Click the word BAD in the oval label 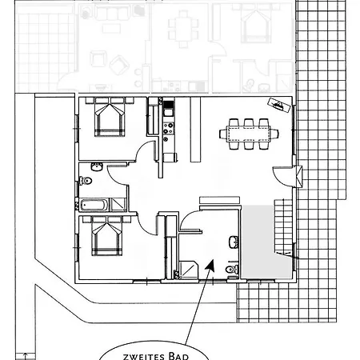coord(178,356)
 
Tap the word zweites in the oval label coord(144,357)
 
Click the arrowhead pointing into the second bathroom coord(210,265)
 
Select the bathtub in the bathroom coord(94,205)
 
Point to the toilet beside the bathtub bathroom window coord(86,181)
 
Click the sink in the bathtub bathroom coord(97,166)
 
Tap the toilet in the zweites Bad coord(231,269)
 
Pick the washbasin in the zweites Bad coord(234,242)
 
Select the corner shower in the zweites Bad coord(189,270)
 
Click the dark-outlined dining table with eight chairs coord(249,134)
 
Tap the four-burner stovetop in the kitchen coord(169,128)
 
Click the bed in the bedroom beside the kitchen coord(110,117)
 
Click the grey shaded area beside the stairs coord(258,242)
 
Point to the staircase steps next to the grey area coord(283,226)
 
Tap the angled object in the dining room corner coord(279,106)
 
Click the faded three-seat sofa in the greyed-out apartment coord(109,13)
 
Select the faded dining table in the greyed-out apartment coord(184,29)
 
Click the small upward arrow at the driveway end coord(26,356)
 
